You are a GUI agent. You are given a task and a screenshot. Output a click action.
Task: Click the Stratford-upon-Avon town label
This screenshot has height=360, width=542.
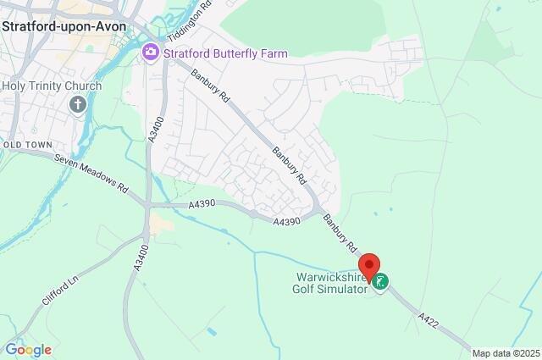coord(64,25)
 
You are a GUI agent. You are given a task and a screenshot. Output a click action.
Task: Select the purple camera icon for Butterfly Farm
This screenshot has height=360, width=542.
coord(151,53)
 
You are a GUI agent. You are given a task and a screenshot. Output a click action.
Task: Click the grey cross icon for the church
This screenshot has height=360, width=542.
coord(77,104)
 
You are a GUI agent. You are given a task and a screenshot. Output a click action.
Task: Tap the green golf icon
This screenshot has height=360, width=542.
coord(382,281)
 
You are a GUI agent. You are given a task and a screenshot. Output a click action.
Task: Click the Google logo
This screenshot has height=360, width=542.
coord(28,350)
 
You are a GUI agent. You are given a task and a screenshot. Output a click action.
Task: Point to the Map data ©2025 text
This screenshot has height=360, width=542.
coord(506,353)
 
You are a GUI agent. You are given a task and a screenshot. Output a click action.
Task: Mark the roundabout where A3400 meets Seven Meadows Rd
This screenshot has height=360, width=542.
coord(147,205)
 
